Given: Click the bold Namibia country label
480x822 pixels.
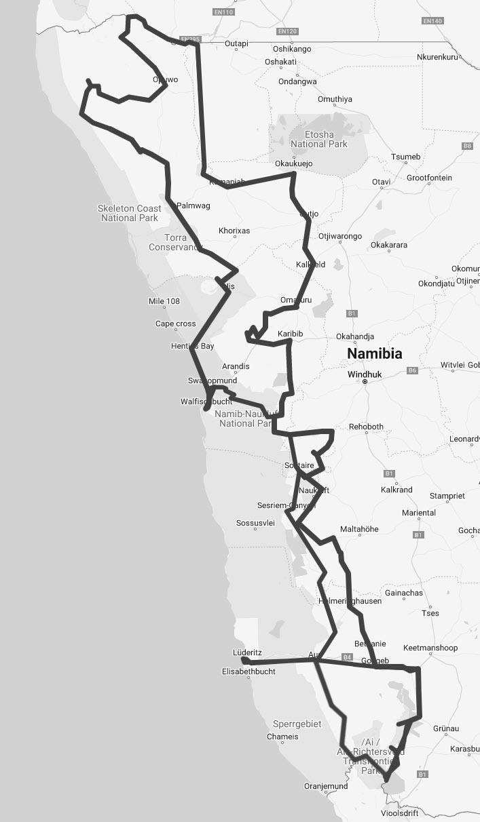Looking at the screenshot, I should (374, 353).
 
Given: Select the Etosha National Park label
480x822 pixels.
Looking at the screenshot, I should (318, 139).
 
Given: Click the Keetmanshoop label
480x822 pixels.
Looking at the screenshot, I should (430, 648).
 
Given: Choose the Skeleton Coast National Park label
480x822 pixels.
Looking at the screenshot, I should (129, 213).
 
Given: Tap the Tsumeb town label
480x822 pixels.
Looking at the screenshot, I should (406, 157).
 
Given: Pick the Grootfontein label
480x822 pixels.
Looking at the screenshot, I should (429, 178).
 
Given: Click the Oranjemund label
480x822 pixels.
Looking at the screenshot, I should (326, 787).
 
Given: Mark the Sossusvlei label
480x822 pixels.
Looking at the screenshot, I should (255, 523).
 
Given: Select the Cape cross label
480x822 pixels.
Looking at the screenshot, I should (175, 324).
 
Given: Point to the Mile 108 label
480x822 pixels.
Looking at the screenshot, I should (164, 301).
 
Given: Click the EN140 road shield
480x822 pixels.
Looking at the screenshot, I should (432, 21).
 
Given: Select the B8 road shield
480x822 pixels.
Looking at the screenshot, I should (467, 146).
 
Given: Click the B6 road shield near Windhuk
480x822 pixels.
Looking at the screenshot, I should (411, 370).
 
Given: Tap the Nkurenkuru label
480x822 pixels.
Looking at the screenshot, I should (437, 57).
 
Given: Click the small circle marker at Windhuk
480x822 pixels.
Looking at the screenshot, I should (365, 382).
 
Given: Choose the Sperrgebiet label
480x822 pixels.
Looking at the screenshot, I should (297, 724).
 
